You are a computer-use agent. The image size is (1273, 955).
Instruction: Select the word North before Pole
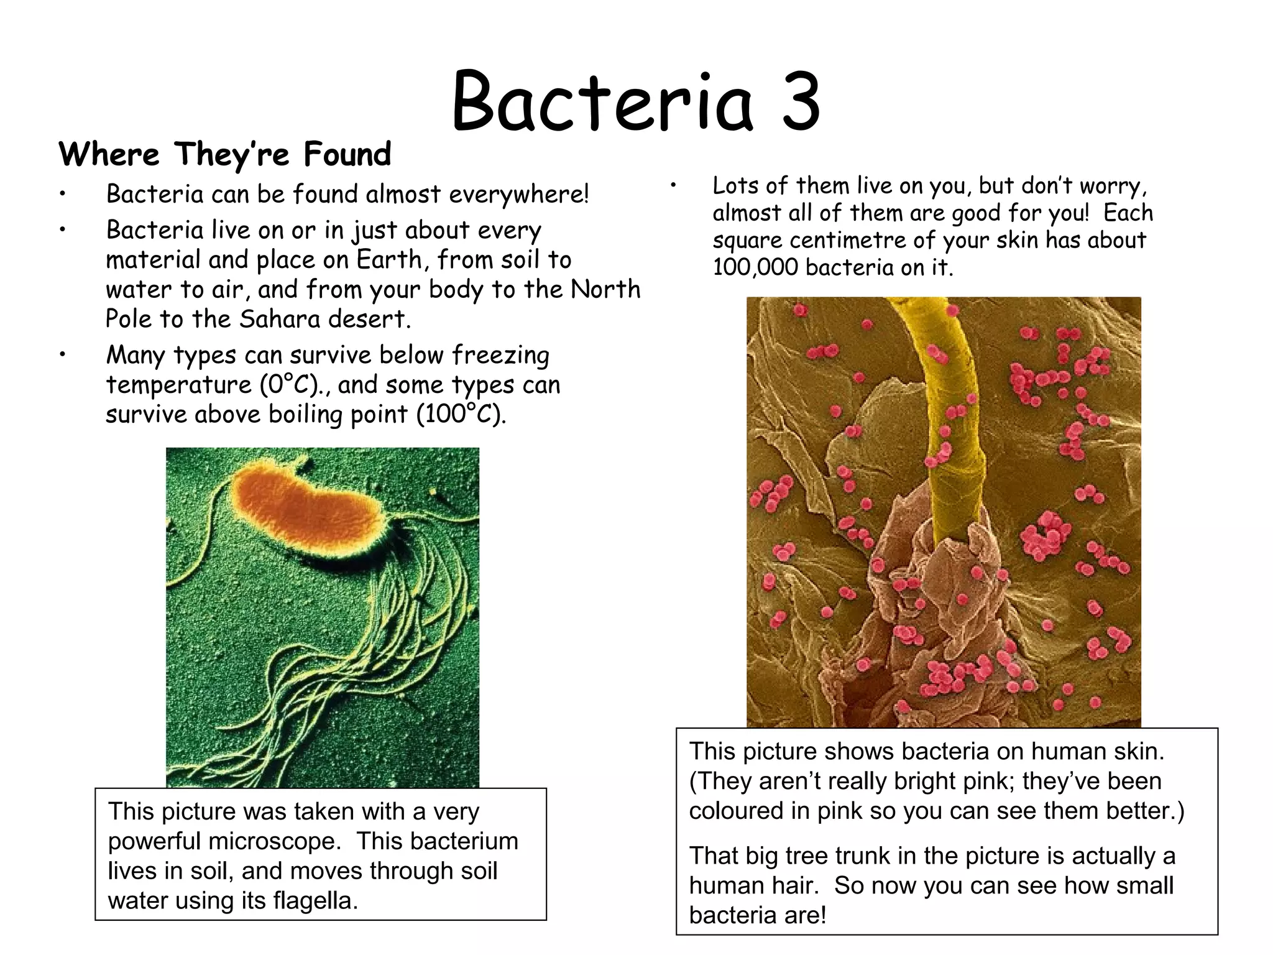(605, 289)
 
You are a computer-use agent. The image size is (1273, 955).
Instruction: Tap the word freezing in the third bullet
(501, 356)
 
